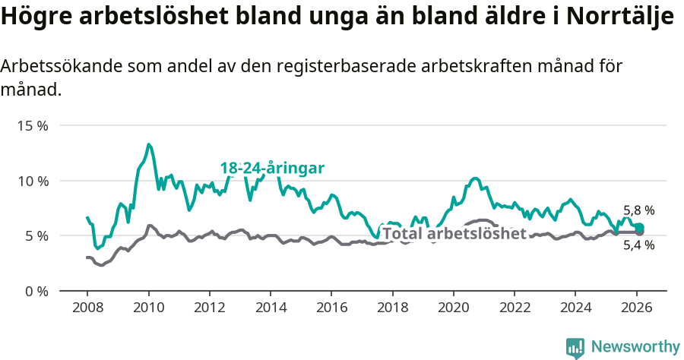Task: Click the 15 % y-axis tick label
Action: point(33,126)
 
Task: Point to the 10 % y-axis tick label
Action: point(33,182)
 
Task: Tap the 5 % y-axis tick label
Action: point(36,236)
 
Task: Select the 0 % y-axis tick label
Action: point(36,292)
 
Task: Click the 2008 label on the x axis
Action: point(87,308)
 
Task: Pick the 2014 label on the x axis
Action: point(271,308)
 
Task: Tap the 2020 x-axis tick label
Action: point(454,308)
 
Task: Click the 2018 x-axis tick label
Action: point(393,308)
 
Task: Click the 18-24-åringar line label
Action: point(273,168)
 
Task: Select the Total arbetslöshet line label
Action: point(454,233)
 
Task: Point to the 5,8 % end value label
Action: point(638,210)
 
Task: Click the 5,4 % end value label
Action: point(638,245)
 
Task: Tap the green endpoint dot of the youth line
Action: point(639,228)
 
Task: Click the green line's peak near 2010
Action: point(149,144)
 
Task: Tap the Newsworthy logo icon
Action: point(575,347)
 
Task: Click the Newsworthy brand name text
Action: point(635,347)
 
